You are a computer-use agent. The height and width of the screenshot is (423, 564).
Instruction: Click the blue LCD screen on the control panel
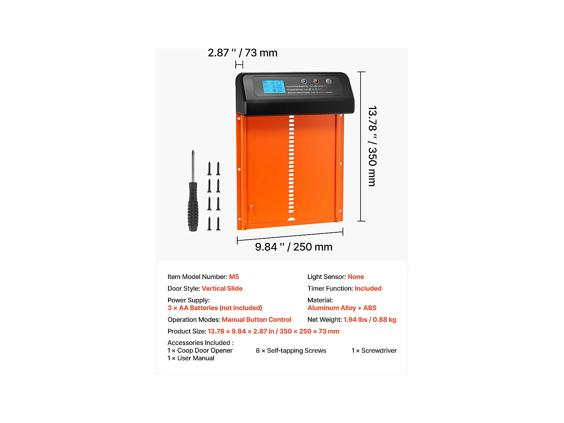[273, 87]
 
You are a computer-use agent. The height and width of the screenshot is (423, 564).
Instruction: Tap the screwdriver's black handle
[193, 207]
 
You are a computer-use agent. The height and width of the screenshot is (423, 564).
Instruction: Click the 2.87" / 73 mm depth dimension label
[243, 53]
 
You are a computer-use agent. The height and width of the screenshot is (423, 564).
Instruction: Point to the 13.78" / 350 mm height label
[372, 146]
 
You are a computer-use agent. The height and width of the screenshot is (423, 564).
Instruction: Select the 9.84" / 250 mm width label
[294, 247]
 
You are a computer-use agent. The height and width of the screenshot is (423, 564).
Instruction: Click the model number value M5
[234, 277]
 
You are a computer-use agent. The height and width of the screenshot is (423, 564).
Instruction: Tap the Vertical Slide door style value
[222, 288]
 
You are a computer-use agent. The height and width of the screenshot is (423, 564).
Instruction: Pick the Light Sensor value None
[356, 277]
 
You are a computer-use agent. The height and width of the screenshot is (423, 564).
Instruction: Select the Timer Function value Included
[368, 288]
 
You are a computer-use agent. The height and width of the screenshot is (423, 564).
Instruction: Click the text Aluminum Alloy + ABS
[342, 308]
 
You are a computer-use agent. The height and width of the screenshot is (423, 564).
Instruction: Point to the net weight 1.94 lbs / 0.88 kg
[370, 320]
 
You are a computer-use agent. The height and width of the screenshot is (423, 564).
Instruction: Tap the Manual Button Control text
[256, 320]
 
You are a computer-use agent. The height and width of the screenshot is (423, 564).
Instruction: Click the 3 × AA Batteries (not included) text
[215, 308]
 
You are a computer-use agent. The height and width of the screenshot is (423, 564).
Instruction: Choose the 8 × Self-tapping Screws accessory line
[291, 350]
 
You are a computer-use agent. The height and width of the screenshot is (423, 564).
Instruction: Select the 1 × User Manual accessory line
[191, 358]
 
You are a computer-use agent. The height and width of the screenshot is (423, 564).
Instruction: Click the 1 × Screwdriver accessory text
[374, 350]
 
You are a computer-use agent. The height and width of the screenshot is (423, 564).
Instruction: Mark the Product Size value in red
[273, 331]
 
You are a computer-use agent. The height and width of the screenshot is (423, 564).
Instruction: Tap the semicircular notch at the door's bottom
[291, 219]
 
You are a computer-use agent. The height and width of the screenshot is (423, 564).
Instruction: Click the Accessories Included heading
[200, 343]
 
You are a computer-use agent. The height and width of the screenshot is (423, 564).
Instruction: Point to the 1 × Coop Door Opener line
[200, 350]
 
